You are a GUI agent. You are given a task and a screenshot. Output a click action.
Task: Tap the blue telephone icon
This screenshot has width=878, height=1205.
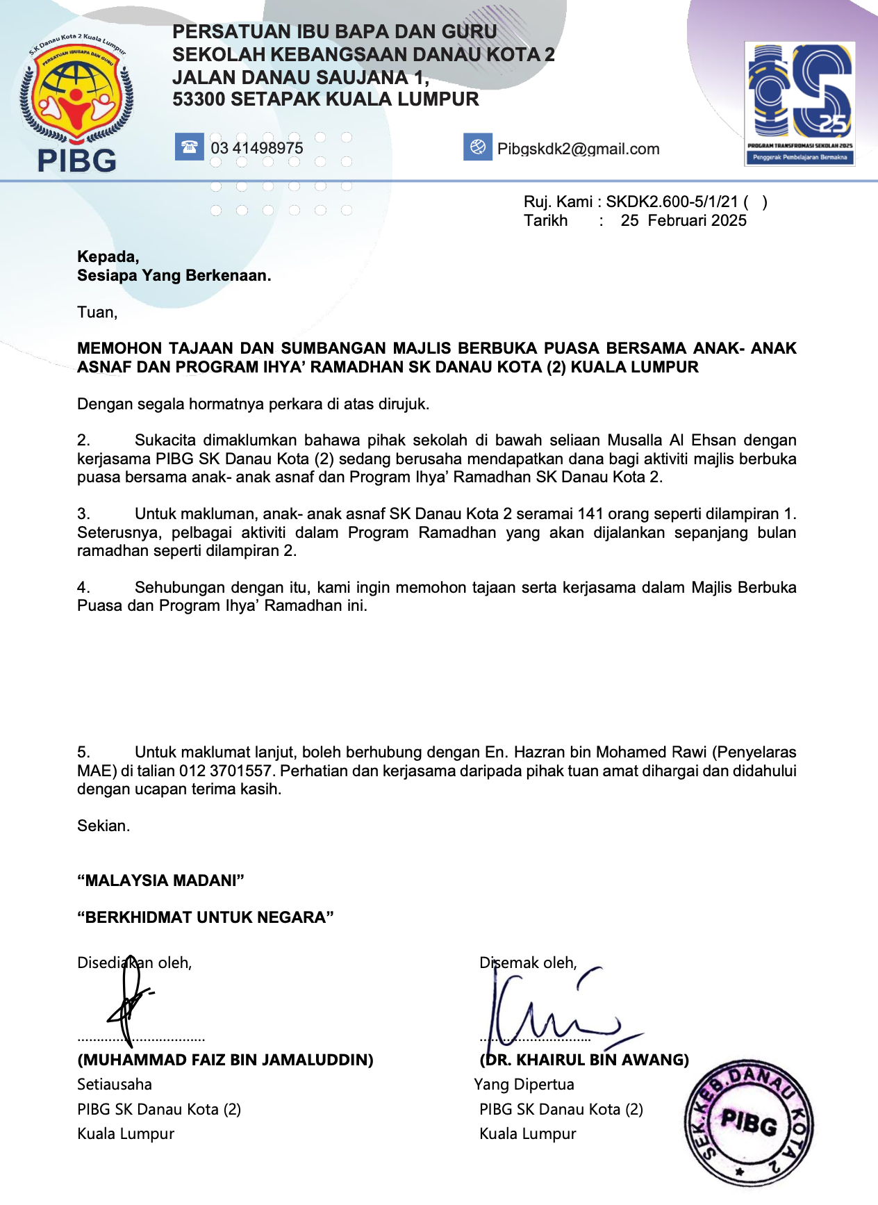pyautogui.click(x=189, y=147)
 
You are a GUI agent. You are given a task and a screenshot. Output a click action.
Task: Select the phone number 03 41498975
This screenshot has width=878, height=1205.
pyautogui.click(x=257, y=148)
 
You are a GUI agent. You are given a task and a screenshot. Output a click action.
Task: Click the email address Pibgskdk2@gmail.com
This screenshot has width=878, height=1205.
pyautogui.click(x=578, y=149)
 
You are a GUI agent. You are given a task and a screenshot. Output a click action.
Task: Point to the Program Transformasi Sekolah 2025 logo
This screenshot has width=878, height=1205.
pyautogui.click(x=800, y=104)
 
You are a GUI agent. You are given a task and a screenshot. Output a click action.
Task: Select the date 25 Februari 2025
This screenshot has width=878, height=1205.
pyautogui.click(x=684, y=221)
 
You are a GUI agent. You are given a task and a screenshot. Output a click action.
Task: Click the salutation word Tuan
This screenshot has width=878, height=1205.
pyautogui.click(x=96, y=313)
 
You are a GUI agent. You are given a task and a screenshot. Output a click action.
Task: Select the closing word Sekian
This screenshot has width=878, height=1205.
pyautogui.click(x=103, y=826)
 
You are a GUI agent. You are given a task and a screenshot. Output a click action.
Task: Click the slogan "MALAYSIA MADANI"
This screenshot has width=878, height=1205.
pyautogui.click(x=160, y=881)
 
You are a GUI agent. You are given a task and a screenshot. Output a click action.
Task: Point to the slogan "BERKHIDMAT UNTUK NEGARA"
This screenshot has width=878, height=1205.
pyautogui.click(x=206, y=918)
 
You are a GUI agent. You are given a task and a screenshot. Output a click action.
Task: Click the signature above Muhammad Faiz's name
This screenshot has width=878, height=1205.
pyautogui.click(x=129, y=1001)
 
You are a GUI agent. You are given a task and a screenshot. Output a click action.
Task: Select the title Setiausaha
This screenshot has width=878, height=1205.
pyautogui.click(x=115, y=1085)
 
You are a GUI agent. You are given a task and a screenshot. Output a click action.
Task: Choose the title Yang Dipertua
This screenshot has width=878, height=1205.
pyautogui.click(x=524, y=1085)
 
